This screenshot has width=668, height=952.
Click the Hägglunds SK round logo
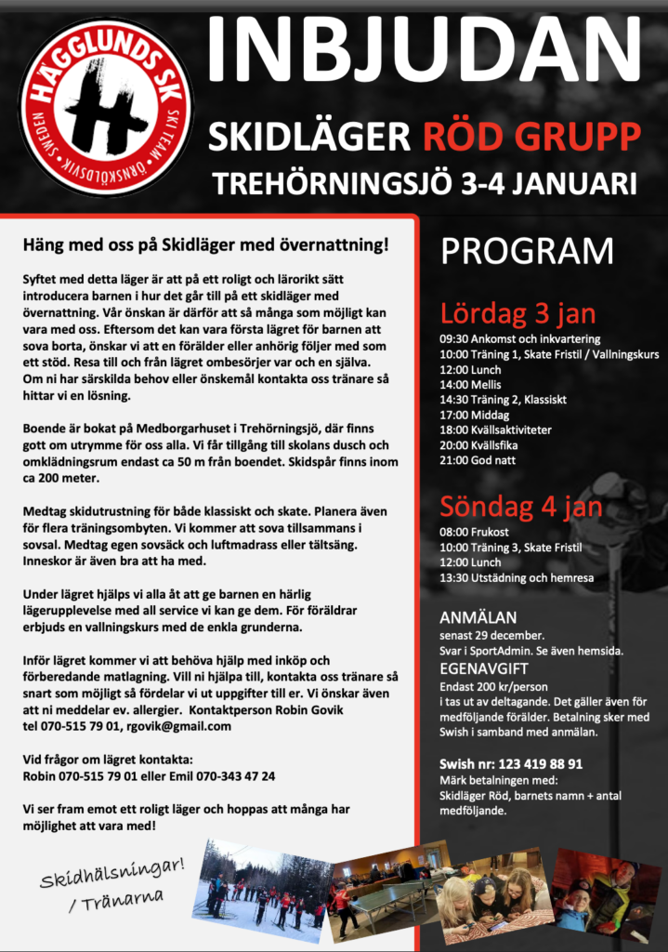pyautogui.click(x=106, y=106)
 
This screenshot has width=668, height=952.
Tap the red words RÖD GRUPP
pyautogui.click(x=531, y=137)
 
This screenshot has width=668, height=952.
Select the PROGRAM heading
pyautogui.click(x=527, y=251)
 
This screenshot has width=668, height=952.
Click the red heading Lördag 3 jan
pyautogui.click(x=517, y=312)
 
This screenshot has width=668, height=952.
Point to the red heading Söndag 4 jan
pyautogui.click(x=521, y=507)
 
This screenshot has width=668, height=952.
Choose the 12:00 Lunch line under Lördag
pyautogui.click(x=470, y=369)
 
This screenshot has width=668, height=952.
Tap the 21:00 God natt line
pyautogui.click(x=478, y=460)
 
